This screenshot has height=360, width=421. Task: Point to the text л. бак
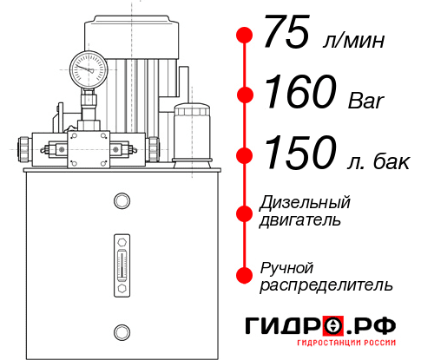coord(372,160)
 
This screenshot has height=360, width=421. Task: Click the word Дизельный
coord(305,203)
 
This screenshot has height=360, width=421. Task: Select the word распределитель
coord(326,284)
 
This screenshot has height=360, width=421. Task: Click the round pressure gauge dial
coord(89,67)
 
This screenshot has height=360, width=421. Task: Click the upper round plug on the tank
coord(122,201)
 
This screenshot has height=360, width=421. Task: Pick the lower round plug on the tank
coord(122,330)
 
